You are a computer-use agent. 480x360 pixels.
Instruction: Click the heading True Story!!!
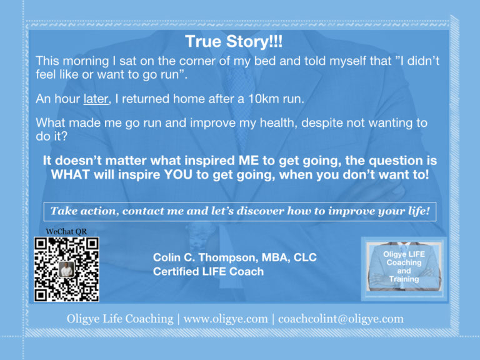point(234,42)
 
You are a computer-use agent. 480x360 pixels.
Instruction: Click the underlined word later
point(96,99)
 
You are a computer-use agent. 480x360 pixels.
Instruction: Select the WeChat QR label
point(66,231)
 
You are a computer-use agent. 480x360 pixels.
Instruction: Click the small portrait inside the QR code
point(66,269)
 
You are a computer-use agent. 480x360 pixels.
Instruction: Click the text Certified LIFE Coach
point(208,271)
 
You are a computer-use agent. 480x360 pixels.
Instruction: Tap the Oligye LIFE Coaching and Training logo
point(404,269)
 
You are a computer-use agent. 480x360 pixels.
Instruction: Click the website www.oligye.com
point(226,319)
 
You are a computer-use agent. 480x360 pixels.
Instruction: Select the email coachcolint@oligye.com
point(341,319)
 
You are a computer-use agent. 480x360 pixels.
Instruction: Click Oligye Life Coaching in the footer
point(120,319)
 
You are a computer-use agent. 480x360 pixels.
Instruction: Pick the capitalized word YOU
point(178,175)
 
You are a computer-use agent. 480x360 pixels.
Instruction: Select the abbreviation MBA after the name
point(276,257)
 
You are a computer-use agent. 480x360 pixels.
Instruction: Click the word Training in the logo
point(404,279)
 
